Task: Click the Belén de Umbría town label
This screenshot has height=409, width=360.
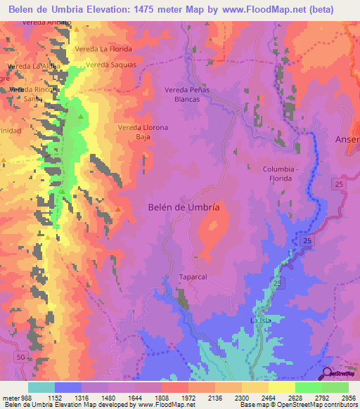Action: [x=184, y=207]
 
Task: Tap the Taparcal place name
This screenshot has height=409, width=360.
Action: [x=192, y=276]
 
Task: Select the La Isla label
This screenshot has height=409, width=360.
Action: [x=261, y=320]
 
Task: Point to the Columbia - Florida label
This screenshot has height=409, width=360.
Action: [x=286, y=174]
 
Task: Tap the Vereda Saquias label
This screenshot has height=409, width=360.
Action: [x=110, y=65]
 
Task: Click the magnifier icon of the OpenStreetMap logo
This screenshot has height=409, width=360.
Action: [x=328, y=374]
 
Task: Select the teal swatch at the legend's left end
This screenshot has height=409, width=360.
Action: [x=41, y=387]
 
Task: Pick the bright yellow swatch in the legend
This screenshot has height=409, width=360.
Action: [x=281, y=387]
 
